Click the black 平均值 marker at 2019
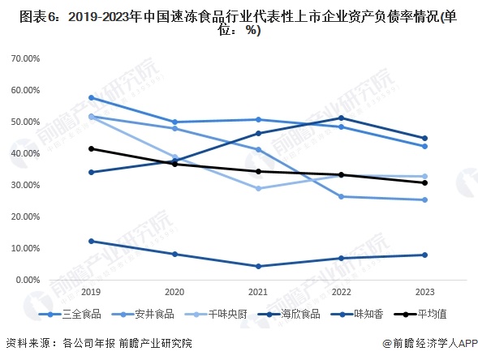(91, 148)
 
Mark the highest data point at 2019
(91, 97)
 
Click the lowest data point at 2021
(258, 266)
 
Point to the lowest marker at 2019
(91, 241)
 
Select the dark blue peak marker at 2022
(341, 118)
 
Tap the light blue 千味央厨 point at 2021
(258, 188)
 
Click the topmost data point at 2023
(424, 138)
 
